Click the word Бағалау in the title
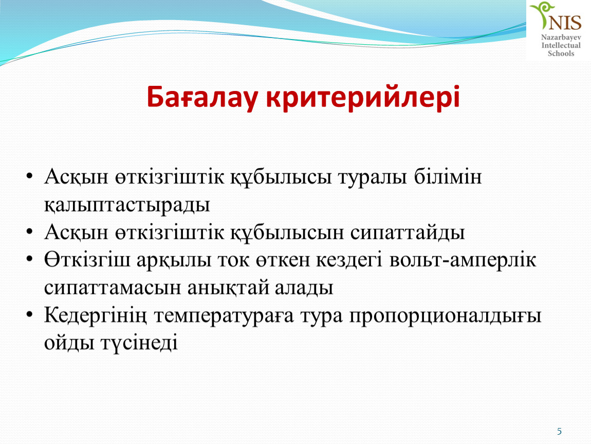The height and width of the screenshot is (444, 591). click(202, 98)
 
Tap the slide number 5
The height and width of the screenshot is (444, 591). click(559, 431)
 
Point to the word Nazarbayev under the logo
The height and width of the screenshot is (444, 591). click(561, 38)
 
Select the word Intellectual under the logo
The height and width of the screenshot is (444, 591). click(561, 46)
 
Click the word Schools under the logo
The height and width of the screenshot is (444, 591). click(561, 53)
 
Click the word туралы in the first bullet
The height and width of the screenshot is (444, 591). click(373, 177)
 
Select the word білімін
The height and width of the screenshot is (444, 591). click(448, 176)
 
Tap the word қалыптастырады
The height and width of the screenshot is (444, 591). click(127, 205)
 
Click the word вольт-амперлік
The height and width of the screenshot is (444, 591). click(463, 260)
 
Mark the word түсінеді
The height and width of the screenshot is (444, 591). click(139, 343)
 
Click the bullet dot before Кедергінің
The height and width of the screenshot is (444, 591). click(30, 314)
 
